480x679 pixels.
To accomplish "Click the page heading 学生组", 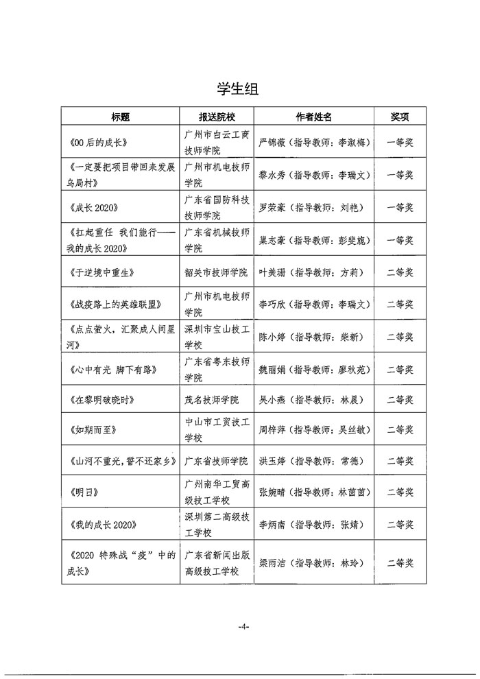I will coord(239,89).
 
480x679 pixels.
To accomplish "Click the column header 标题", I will coord(121,117).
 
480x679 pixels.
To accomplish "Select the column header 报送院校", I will coord(216,117).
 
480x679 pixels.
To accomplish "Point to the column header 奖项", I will coord(400,117).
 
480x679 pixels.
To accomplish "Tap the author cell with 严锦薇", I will coord(314,143).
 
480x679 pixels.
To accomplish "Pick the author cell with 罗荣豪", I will coord(314,208).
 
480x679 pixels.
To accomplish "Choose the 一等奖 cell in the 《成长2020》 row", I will coord(400,208).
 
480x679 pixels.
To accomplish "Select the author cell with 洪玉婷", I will coord(314,461).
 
